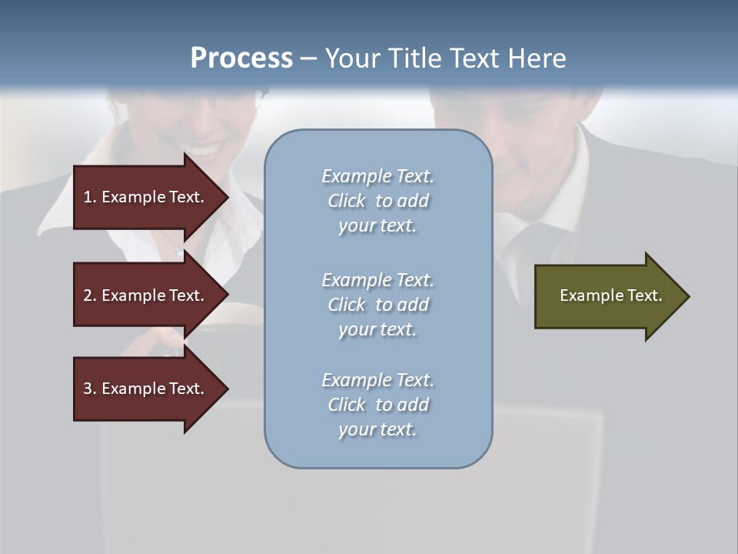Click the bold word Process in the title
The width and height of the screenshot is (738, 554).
pyautogui.click(x=241, y=58)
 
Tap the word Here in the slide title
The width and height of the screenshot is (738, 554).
pyautogui.click(x=535, y=58)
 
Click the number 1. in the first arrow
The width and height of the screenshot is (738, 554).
pyautogui.click(x=90, y=197)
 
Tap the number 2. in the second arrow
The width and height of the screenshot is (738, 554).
pyautogui.click(x=90, y=295)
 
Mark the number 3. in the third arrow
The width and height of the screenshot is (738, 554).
pyautogui.click(x=90, y=389)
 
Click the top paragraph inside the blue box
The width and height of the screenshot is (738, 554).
pyautogui.click(x=377, y=201)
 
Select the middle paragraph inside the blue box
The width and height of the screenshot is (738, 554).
pyautogui.click(x=377, y=305)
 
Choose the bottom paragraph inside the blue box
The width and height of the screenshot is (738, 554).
pyautogui.click(x=377, y=405)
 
